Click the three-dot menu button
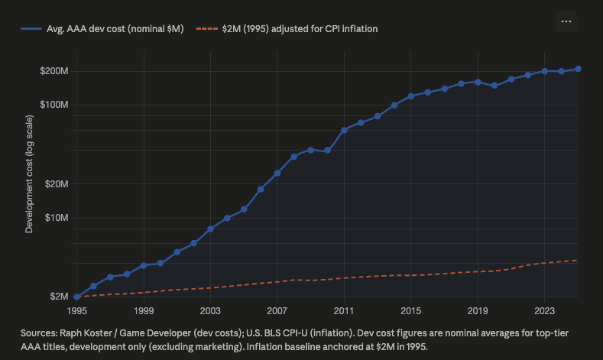click(566, 21)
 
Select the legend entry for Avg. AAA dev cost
click(102, 29)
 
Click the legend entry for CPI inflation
click(287, 29)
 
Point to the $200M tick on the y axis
click(54, 71)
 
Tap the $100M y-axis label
click(54, 105)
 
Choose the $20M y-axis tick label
click(57, 184)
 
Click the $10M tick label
click(57, 218)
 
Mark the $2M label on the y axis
click(59, 297)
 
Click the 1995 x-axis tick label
click(77, 311)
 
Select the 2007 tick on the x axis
click(277, 311)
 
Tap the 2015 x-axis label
click(410, 311)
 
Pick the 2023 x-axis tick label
click(545, 311)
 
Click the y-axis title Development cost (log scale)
click(29, 174)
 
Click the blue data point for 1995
click(77, 297)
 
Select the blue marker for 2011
click(344, 131)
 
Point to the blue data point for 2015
click(411, 96)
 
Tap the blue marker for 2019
click(478, 83)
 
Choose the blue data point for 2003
click(210, 229)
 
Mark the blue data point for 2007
click(277, 174)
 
